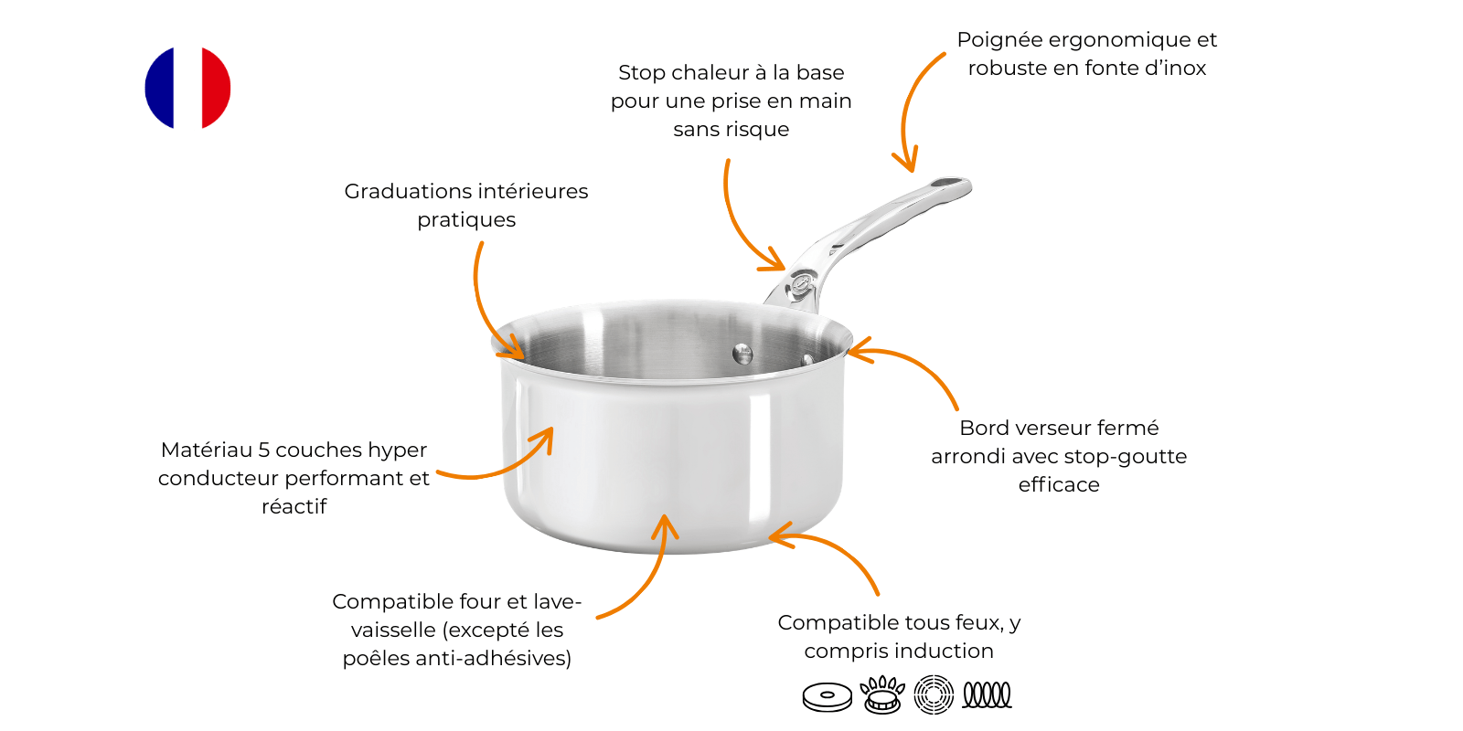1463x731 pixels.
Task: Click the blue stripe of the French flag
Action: pyautogui.click(x=159, y=88)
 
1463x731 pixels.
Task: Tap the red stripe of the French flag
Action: pyautogui.click(x=216, y=88)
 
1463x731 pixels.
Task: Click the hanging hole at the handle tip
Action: pyautogui.click(x=949, y=182)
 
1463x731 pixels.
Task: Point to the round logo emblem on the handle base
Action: pyautogui.click(x=801, y=283)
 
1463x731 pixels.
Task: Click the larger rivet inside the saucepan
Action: pyautogui.click(x=742, y=355)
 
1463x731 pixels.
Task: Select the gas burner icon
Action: pyautogui.click(x=882, y=694)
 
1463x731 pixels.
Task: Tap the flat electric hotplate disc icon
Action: pyautogui.click(x=828, y=696)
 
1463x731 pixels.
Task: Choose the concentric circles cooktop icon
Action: pyautogui.click(x=934, y=694)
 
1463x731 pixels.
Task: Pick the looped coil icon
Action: pyautogui.click(x=987, y=694)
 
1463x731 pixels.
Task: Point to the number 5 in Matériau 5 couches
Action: pyautogui.click(x=264, y=450)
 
